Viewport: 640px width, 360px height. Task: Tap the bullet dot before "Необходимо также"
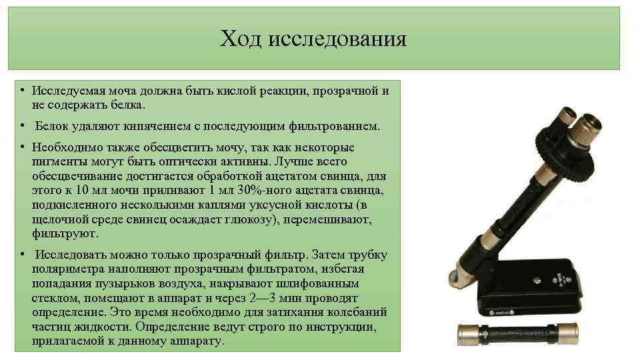22,147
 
